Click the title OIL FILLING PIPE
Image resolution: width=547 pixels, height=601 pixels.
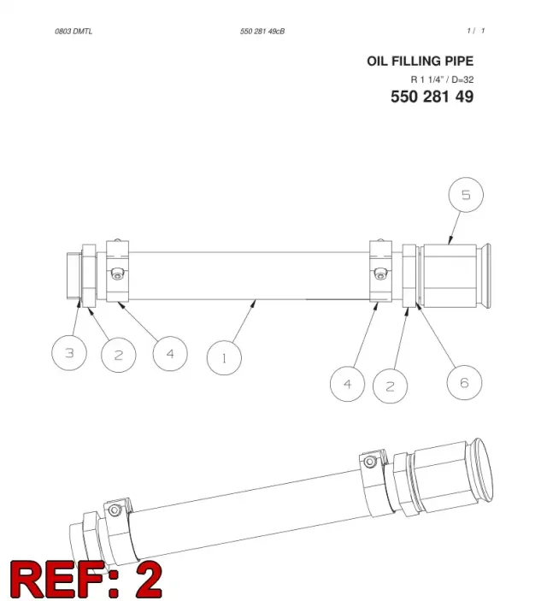click(x=420, y=62)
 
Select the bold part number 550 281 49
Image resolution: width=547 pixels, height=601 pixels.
click(x=432, y=97)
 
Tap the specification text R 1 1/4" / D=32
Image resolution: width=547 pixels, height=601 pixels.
click(x=442, y=80)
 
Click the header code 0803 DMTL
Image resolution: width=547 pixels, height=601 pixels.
click(x=74, y=32)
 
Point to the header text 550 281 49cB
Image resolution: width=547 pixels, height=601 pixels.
click(x=262, y=32)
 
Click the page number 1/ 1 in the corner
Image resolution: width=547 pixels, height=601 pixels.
click(x=476, y=31)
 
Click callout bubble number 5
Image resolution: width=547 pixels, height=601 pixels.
click(x=466, y=195)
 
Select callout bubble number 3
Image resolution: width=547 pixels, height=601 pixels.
click(x=69, y=352)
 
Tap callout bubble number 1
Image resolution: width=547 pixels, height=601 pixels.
click(x=224, y=358)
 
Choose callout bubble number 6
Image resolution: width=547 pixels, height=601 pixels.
click(x=464, y=382)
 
